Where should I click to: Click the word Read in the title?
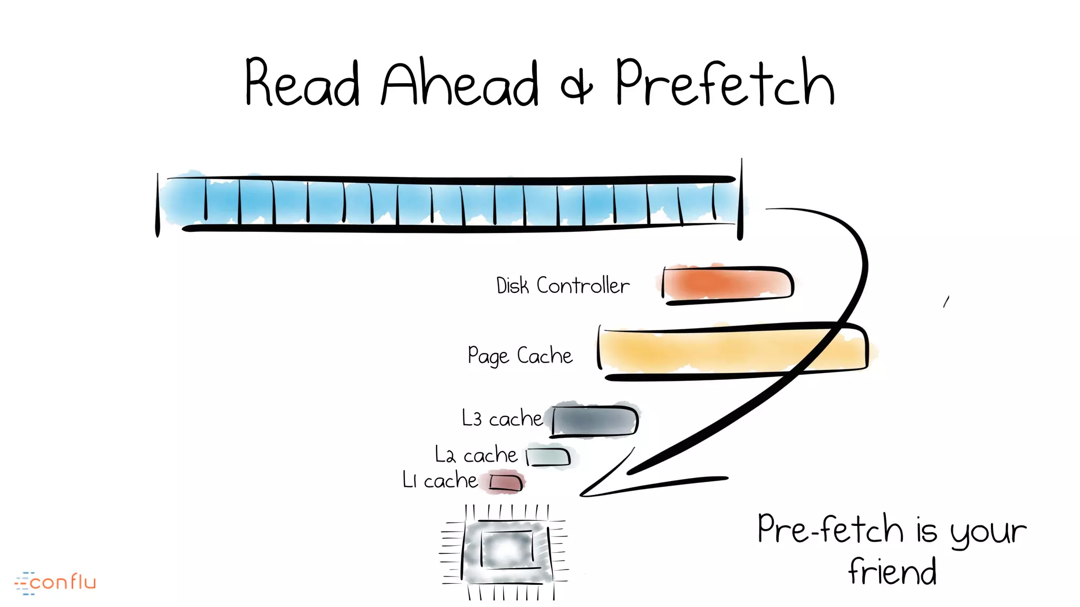[302, 83]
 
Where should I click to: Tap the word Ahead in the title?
[460, 83]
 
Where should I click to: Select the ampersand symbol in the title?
[576, 87]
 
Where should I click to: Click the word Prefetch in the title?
[725, 83]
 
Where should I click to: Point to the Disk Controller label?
[563, 286]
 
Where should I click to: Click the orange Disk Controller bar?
[728, 285]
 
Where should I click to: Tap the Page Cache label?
[520, 356]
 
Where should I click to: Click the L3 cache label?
[502, 418]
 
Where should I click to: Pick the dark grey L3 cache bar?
[595, 421]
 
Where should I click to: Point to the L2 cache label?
[476, 455]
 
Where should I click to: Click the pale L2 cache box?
[549, 457]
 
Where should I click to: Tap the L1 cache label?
[440, 481]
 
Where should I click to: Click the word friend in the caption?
[892, 572]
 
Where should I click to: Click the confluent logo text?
[62, 582]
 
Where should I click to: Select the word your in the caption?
[988, 532]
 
